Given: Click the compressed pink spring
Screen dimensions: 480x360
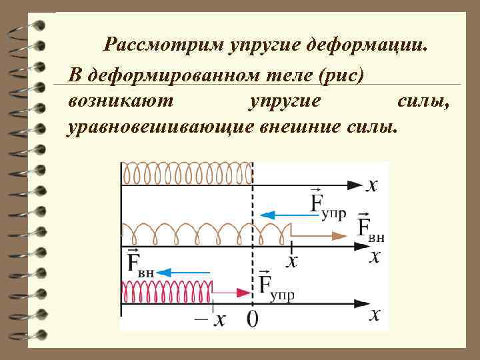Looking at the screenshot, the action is tap(167, 291).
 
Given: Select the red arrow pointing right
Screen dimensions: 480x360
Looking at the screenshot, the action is tap(230, 291).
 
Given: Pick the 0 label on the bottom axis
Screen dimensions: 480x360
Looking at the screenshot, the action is tap(253, 319).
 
